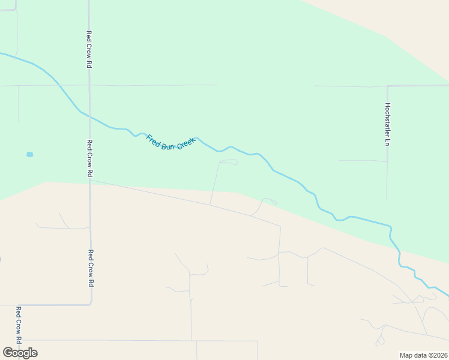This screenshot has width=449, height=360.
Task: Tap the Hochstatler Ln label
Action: coord(388,124)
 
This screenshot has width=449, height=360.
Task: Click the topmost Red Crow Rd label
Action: coord(89,49)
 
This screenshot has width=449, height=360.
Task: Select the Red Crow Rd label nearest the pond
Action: coord(89,158)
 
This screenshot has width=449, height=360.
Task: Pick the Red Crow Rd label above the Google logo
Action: coord(19,325)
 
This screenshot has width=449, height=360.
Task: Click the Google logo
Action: coord(20,353)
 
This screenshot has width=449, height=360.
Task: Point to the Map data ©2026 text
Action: coord(423,355)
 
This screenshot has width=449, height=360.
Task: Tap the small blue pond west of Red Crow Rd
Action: coord(29,154)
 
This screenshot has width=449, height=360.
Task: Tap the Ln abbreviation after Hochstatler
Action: coord(388,143)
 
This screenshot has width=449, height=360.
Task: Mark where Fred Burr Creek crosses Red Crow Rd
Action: coord(89,116)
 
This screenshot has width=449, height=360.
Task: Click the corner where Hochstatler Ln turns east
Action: coord(388,86)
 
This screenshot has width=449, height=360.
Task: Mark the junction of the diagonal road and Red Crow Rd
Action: coord(90,180)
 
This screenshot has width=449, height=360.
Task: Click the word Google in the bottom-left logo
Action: coord(20,353)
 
